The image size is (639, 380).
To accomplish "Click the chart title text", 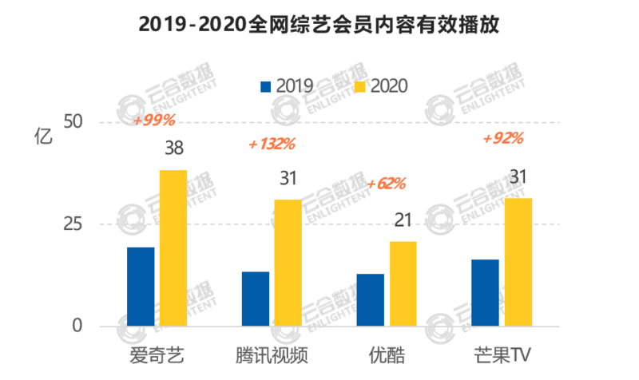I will [x=319, y=24].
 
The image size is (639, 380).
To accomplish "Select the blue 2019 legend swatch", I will [x=266, y=85].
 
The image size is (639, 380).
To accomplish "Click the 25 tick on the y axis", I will [x=73, y=224].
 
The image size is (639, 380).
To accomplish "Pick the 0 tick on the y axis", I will [x=77, y=326].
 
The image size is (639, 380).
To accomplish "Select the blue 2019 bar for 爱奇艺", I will [x=141, y=287].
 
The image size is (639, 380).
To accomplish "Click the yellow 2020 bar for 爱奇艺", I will [x=173, y=248].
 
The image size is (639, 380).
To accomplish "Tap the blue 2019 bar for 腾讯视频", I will [x=256, y=299].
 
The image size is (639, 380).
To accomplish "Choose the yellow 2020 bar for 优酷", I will [x=403, y=283].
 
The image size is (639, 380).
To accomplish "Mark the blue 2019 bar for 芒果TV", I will [x=485, y=293].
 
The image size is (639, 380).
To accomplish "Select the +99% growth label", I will [x=153, y=121].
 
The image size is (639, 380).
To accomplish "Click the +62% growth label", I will [x=386, y=184].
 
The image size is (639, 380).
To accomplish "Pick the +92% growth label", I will [x=503, y=138].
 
